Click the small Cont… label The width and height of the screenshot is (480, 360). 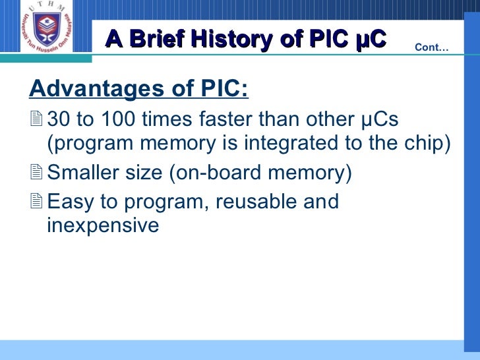pyautogui.click(x=431, y=47)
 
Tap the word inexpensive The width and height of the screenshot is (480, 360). pyautogui.click(x=103, y=225)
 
